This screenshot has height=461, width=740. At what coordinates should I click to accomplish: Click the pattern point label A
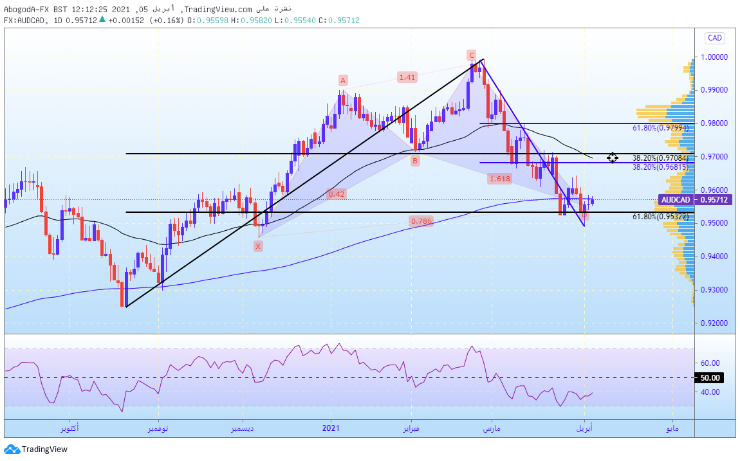point(343,80)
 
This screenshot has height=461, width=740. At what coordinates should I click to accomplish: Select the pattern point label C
point(472,55)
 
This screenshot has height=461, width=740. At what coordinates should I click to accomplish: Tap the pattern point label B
point(415,161)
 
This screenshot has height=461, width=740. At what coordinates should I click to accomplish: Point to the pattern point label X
point(258,246)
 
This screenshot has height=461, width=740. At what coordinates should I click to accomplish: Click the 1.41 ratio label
point(407,77)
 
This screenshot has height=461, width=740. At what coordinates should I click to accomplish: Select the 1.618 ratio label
point(500,179)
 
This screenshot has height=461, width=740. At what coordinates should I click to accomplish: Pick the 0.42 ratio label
point(337,194)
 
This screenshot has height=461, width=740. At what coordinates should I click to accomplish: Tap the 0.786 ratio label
point(421,221)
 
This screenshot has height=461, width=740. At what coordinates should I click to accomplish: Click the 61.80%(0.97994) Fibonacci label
point(661,128)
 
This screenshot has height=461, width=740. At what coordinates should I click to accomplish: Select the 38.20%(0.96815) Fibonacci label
point(661,167)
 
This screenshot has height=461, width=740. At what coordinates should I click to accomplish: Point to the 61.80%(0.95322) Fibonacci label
point(661,217)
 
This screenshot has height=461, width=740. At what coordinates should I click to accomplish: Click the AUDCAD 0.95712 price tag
point(695,200)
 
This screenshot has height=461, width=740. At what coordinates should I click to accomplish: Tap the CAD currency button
point(714,38)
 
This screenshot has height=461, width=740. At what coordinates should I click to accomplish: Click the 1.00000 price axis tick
point(714,57)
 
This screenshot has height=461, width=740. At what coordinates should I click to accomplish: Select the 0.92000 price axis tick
point(714,323)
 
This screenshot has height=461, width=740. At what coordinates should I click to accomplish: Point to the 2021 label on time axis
point(331,428)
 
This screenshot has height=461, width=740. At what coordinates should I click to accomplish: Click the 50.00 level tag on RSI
point(710,378)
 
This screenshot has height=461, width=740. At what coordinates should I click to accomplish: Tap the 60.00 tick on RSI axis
point(710,363)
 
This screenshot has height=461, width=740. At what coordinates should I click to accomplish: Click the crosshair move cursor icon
point(612,158)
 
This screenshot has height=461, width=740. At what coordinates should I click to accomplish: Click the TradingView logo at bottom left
point(36,449)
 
